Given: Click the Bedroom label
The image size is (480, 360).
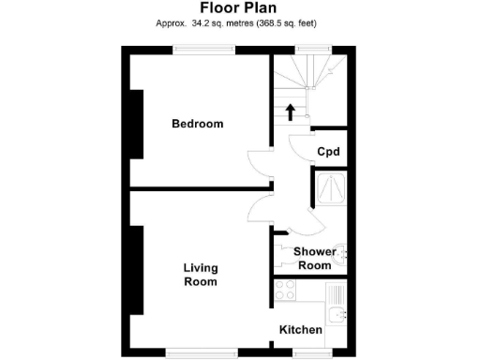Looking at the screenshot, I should [197, 124].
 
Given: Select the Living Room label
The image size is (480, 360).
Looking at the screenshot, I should [200, 274].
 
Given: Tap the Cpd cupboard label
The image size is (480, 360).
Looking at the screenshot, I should [327, 152].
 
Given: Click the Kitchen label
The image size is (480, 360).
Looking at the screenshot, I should [301, 330].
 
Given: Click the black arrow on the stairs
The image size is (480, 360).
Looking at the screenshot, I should [290, 112].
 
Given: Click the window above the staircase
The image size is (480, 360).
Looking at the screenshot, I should [311, 48].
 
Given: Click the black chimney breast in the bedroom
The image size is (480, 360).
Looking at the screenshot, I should [137, 124].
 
